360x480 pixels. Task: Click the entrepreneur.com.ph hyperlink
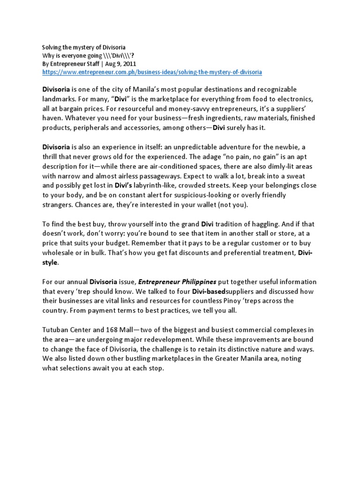click(152, 73)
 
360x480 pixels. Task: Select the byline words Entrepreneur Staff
click(71, 64)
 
